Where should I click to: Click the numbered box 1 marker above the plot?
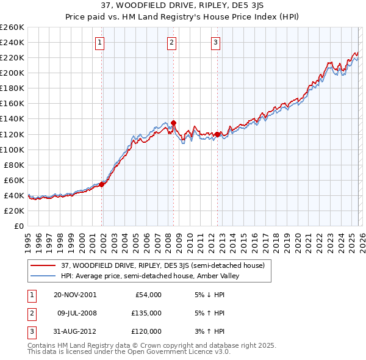[99, 42]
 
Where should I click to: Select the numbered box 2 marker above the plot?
[172, 42]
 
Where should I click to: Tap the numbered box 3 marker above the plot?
[216, 42]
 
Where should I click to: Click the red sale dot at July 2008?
[174, 123]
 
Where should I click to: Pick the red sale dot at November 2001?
[102, 184]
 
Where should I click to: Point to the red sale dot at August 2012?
[218, 134]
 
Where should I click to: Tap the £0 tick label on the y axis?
[19, 226]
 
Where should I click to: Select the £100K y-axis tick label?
[12, 149]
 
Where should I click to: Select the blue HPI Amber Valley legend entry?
[152, 276]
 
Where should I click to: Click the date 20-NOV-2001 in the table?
[76, 295]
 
